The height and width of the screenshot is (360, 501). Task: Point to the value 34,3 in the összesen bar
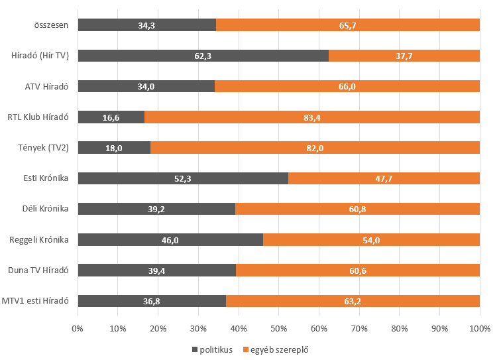146,25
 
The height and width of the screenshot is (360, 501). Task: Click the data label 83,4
311,117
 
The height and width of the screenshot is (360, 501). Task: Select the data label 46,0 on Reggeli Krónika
170,240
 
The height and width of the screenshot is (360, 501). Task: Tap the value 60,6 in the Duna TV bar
357,270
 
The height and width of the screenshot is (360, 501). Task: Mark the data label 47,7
384,178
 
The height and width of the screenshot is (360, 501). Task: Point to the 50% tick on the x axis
278,328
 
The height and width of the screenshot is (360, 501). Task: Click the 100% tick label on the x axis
479,328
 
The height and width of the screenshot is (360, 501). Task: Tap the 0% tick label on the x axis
78,328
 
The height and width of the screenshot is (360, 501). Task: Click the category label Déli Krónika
45,209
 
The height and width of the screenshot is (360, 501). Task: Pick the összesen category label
52,25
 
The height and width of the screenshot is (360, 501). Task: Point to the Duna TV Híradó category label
38,270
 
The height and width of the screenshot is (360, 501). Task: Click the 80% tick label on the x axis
399,328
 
